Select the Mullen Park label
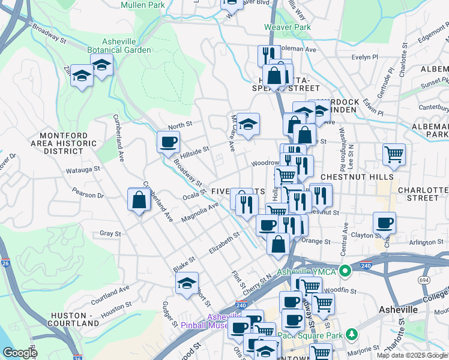tap(142, 5)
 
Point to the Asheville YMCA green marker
tap(345, 271)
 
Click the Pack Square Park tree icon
tap(355, 334)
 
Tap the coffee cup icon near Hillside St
tap(168, 142)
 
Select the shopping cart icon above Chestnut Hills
tap(394, 154)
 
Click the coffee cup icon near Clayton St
tap(384, 223)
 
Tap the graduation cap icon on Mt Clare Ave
tap(248, 124)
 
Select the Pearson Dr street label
tap(88, 194)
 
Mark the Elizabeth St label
tap(224, 242)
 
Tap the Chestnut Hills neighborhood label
tap(357, 177)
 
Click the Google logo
tap(20, 353)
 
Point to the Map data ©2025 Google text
tap(412, 355)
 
